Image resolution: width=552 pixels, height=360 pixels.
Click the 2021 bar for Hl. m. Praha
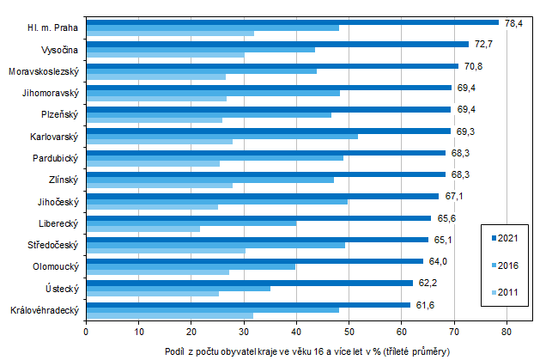point(292,22)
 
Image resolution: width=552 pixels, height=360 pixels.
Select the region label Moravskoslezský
point(44,71)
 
